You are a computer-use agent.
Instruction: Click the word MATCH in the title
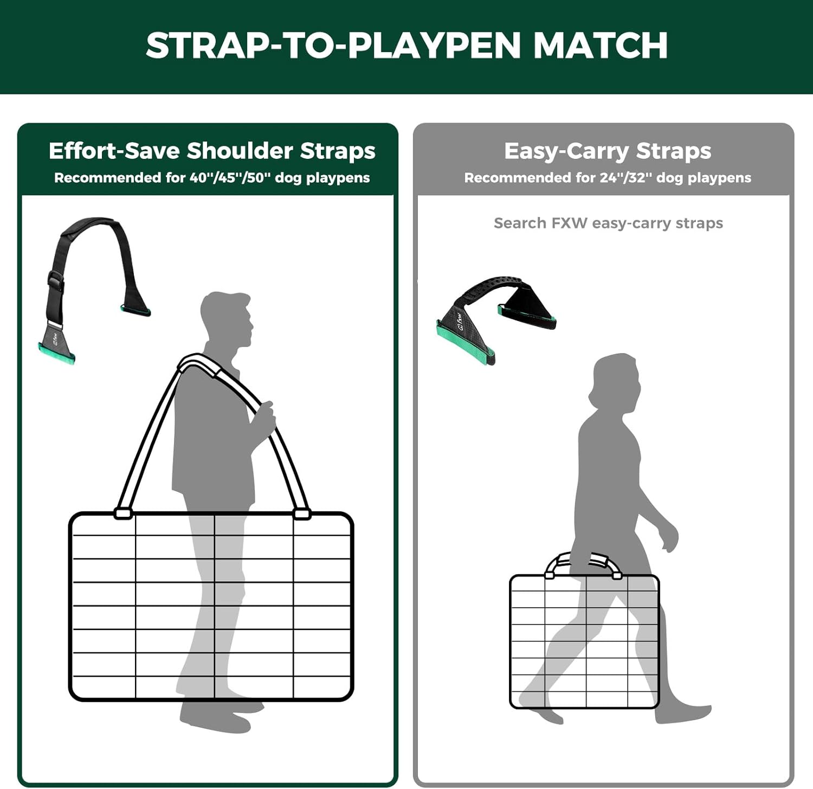coord(601,45)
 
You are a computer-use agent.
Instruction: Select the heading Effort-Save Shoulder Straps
coord(212,151)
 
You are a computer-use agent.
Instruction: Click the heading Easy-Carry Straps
coord(608,151)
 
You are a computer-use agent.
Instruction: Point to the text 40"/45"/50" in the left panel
coord(230,178)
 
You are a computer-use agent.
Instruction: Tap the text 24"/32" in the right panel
coord(623,178)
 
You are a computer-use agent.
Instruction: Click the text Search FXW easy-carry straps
coord(608,223)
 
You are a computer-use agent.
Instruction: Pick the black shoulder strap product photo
coord(94,290)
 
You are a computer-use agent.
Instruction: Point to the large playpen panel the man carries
coord(211,606)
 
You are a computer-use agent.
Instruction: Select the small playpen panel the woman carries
coord(584,642)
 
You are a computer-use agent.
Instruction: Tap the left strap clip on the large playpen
coord(124,513)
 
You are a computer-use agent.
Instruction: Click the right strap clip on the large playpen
coord(302,513)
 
